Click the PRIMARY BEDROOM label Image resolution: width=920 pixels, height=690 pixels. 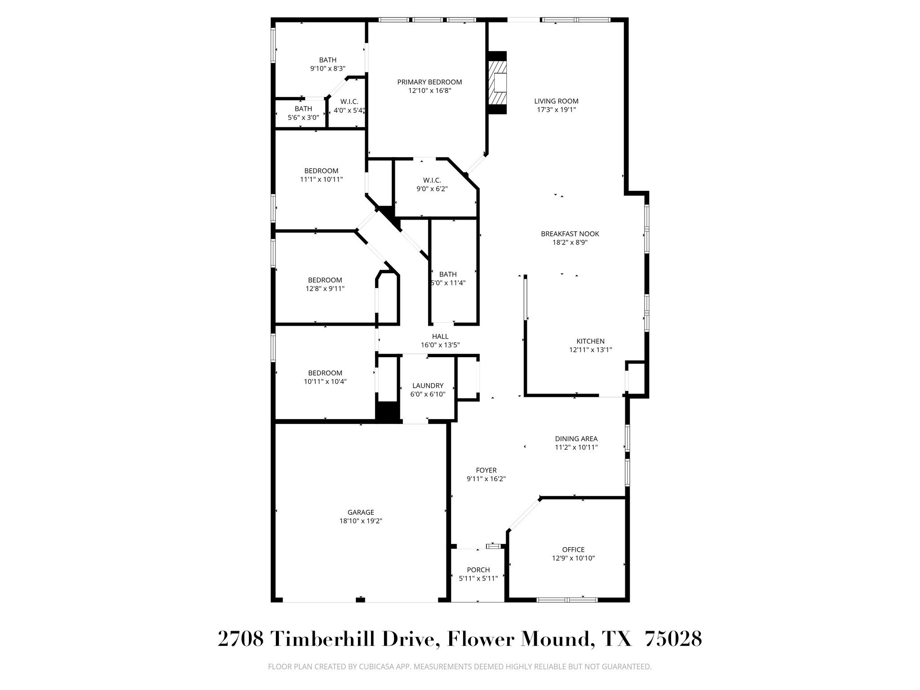pyautogui.click(x=429, y=82)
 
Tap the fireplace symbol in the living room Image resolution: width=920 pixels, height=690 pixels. pyautogui.click(x=497, y=83)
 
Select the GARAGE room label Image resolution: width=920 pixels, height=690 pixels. pyautogui.click(x=361, y=512)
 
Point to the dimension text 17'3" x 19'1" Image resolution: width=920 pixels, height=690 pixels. pyautogui.click(x=556, y=110)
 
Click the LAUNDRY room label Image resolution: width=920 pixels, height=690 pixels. pyautogui.click(x=428, y=385)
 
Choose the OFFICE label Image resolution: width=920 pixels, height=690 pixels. pyautogui.click(x=573, y=549)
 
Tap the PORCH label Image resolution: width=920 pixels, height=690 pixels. pyautogui.click(x=478, y=570)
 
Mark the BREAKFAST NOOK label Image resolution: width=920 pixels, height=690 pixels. pyautogui.click(x=570, y=234)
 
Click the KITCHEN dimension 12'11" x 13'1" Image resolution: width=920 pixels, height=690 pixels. pyautogui.click(x=590, y=350)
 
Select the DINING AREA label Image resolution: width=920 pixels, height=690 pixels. pyautogui.click(x=576, y=438)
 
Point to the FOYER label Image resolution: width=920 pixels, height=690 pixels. pyautogui.click(x=486, y=470)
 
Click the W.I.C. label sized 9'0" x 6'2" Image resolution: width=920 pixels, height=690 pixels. pyautogui.click(x=432, y=180)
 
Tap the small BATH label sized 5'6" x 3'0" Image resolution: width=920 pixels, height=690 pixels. pyautogui.click(x=303, y=109)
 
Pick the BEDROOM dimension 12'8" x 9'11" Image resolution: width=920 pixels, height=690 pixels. pyautogui.click(x=325, y=289)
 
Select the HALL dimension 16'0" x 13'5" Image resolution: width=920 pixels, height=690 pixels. pyautogui.click(x=440, y=345)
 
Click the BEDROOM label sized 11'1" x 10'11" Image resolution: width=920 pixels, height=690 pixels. pyautogui.click(x=321, y=171)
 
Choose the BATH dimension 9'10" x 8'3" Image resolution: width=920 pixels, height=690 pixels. pyautogui.click(x=327, y=69)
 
